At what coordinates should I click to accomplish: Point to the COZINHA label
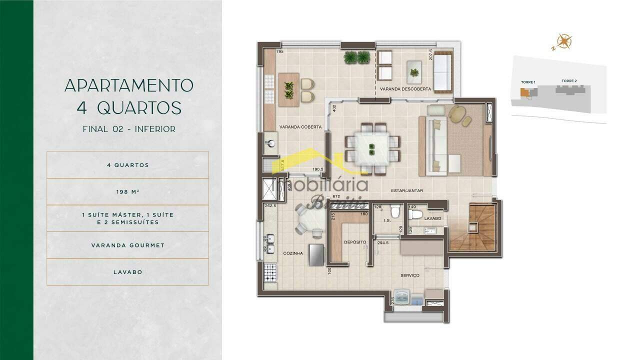(x=293, y=253)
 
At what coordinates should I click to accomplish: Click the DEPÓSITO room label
(x=355, y=242)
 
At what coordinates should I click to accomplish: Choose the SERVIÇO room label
(x=409, y=275)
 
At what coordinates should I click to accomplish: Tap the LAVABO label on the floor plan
(x=432, y=218)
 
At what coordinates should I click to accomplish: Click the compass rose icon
(x=564, y=41)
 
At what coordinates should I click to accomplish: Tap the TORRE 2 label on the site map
(x=569, y=81)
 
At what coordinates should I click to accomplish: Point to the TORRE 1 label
(x=527, y=82)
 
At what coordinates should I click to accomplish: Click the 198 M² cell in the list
(x=127, y=191)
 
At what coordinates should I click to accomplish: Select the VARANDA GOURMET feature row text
(x=127, y=245)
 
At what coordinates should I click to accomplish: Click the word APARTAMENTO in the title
(x=128, y=85)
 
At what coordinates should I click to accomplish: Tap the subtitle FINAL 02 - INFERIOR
(x=128, y=129)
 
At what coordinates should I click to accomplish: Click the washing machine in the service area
(x=401, y=296)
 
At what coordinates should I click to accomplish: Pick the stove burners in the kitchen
(x=270, y=273)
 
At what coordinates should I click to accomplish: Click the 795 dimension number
(x=280, y=52)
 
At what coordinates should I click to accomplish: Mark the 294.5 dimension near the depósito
(x=383, y=242)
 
